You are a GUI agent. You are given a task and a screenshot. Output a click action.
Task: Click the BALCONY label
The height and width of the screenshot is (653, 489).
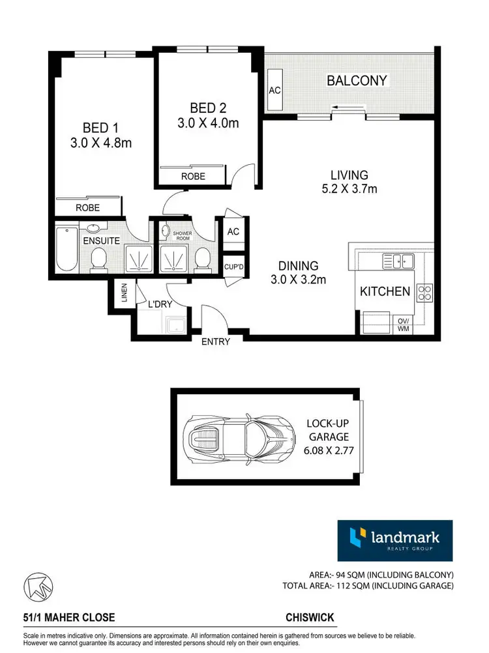tap(357, 81)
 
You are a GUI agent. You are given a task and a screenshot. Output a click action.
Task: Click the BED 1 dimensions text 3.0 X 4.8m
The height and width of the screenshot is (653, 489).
tap(101, 143)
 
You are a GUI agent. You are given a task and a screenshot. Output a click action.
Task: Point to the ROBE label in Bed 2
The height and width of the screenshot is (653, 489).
tap(194, 176)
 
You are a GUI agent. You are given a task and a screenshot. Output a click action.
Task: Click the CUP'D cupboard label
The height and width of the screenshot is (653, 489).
tap(233, 267)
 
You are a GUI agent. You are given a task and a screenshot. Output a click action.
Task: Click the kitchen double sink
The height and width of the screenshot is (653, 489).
tap(399, 262)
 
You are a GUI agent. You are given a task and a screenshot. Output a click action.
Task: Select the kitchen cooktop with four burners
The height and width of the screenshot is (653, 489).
tap(425, 293)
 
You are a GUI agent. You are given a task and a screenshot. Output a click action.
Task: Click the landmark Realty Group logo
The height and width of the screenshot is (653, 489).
tap(394, 540)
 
